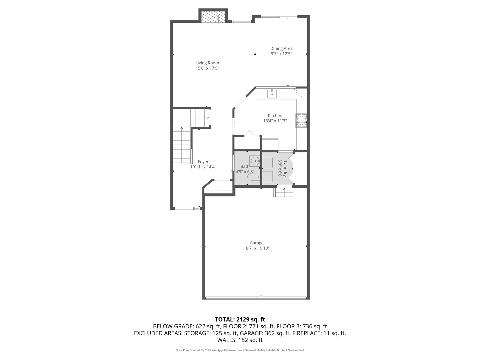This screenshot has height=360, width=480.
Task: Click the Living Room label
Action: pyautogui.click(x=207, y=63)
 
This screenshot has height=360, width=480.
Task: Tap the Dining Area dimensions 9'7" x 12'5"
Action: pyautogui.click(x=281, y=54)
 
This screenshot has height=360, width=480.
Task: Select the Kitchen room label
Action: pyautogui.click(x=275, y=116)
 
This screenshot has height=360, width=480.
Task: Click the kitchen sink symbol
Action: pyautogui.click(x=272, y=94)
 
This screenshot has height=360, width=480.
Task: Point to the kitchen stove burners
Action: pyautogui.click(x=301, y=121)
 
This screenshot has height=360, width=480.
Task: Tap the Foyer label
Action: pyautogui.click(x=203, y=162)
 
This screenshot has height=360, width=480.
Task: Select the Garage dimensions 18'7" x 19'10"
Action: pyautogui.click(x=256, y=248)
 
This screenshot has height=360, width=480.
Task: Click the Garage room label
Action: pyautogui.click(x=256, y=243)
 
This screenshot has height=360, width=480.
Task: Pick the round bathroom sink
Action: pyautogui.click(x=255, y=161)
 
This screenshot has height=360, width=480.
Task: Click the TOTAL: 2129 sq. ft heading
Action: pyautogui.click(x=240, y=319)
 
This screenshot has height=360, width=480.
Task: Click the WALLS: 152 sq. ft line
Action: pyautogui.click(x=240, y=340)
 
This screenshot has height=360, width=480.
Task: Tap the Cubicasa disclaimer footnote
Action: pyautogui.click(x=240, y=350)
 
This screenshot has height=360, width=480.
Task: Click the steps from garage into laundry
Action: pyautogui.click(x=283, y=192)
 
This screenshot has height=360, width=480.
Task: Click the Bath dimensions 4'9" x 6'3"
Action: pyautogui.click(x=245, y=172)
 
